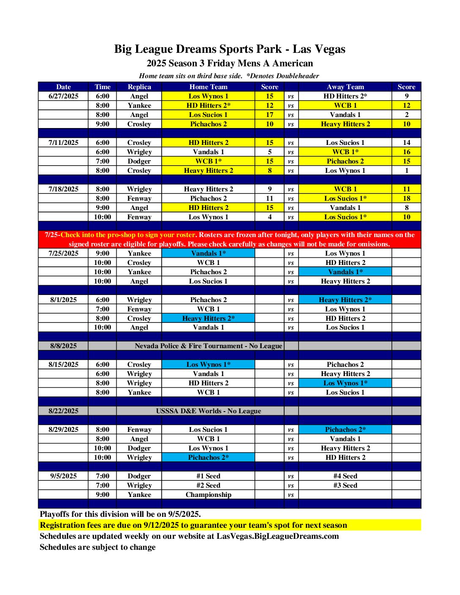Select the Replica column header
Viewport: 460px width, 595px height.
tap(139, 87)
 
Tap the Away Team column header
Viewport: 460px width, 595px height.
tap(345, 87)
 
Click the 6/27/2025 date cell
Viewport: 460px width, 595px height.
tap(63, 96)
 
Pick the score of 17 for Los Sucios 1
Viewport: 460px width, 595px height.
tap(269, 115)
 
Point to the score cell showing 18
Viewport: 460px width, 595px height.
tap(406, 198)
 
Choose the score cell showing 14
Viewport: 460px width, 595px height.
tap(406, 142)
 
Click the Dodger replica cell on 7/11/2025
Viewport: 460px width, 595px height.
tap(139, 161)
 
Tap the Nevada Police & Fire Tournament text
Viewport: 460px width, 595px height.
tap(208, 346)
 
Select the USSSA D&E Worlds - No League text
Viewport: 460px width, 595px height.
tap(208, 411)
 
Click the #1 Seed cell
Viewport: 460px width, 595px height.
tap(208, 476)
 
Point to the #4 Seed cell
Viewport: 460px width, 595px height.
tap(345, 476)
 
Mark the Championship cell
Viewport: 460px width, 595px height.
tap(208, 494)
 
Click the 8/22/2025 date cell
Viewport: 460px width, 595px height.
tap(63, 411)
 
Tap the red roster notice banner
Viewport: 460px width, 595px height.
tap(230, 239)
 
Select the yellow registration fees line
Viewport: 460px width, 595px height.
tap(193, 525)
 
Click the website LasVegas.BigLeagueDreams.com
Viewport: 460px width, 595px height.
tap(277, 536)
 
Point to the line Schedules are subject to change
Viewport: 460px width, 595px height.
tap(98, 547)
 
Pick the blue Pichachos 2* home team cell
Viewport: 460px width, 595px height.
tap(208, 457)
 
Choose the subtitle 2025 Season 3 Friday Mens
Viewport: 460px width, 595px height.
tap(230, 63)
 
